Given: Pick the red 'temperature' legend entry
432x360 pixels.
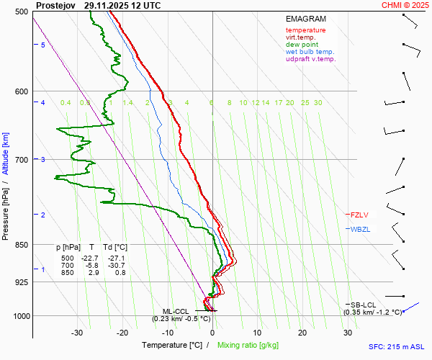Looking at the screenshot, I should coord(305,30).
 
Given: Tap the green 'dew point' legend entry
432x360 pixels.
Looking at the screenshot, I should coord(302,45).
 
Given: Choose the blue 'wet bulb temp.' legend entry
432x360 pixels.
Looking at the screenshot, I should coord(310,52).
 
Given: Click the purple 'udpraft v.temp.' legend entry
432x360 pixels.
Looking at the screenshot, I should coord(310,59).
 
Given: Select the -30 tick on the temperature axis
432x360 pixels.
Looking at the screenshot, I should coord(77,333).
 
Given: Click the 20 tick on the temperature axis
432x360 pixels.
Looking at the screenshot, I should coord(302,333).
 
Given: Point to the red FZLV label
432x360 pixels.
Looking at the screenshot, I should coord(359,215).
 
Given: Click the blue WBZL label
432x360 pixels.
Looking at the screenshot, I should coord(359,230).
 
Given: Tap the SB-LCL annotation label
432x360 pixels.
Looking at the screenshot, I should coord(363,305).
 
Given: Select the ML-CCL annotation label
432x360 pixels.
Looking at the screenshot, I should coord(174,311).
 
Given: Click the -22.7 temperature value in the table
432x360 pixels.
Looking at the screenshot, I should coord(90,258).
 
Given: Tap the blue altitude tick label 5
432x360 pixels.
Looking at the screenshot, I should coord(42,45).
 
